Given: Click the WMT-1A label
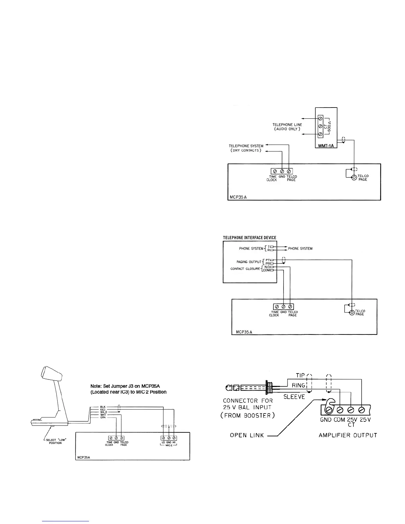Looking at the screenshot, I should tap(326, 145).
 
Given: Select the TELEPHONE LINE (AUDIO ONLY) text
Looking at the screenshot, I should tap(287, 127).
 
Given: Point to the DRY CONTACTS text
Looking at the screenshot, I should tap(246, 151).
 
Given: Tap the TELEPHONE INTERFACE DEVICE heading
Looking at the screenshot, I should tap(249, 238).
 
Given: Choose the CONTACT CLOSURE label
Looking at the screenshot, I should tap(245, 269).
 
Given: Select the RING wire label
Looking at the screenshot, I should tap(298, 385).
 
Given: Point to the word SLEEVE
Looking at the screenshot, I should tap(294, 397).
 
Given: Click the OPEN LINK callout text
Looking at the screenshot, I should tap(247, 435).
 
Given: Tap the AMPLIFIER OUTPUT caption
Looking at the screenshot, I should tap(345, 435).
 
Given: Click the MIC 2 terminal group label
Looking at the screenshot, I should tap(169, 446).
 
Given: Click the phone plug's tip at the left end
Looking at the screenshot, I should tap(229, 388).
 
